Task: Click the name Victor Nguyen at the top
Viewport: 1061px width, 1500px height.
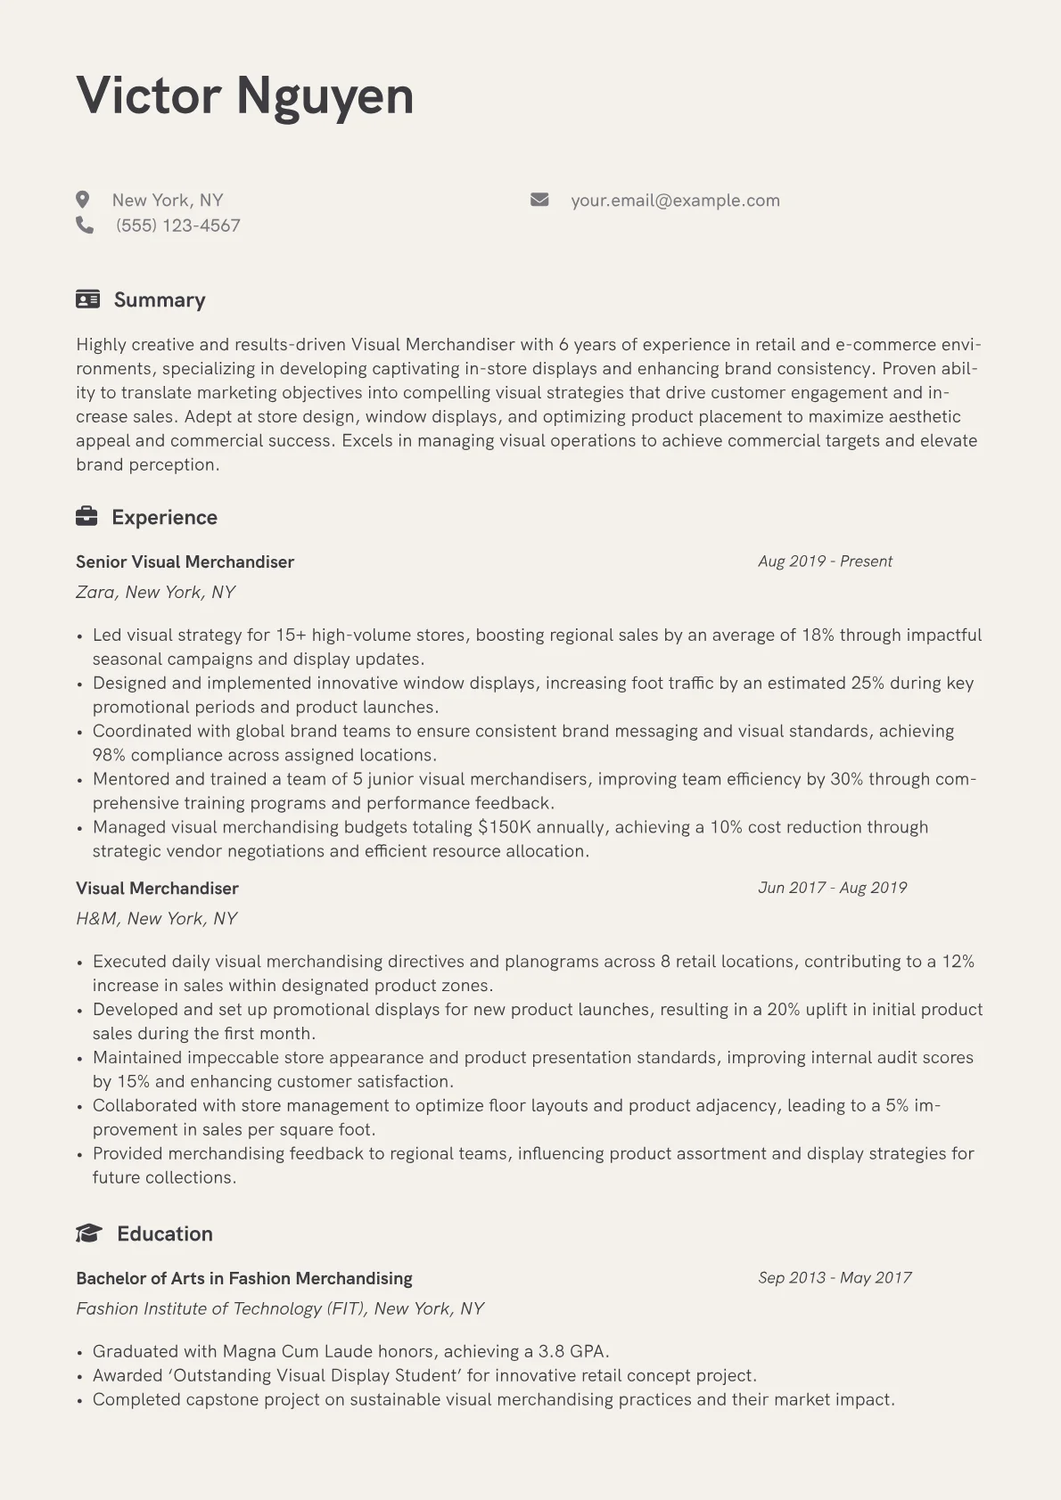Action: [245, 95]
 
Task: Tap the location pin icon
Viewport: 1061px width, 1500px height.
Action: [83, 200]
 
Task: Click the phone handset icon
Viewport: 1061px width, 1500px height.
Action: [85, 225]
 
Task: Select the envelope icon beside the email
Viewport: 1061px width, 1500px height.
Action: [539, 200]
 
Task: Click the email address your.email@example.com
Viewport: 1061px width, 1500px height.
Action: [675, 201]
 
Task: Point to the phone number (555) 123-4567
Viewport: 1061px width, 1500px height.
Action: [178, 225]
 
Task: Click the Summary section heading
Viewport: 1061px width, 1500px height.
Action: [160, 299]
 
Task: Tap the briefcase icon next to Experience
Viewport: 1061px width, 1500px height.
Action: [86, 517]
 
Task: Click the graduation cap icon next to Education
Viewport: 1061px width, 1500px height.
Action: [88, 1234]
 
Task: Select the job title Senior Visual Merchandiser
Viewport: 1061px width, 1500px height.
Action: [185, 561]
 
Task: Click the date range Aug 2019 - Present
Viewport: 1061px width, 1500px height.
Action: [825, 561]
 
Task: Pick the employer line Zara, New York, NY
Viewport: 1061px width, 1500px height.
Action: [156, 592]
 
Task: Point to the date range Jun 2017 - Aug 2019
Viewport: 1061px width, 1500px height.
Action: [832, 888]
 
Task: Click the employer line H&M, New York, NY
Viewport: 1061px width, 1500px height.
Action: [157, 918]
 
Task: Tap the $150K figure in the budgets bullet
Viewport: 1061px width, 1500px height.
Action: [505, 827]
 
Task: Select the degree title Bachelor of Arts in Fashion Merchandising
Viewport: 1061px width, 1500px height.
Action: [244, 1278]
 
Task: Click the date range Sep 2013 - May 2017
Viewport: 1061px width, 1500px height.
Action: [835, 1278]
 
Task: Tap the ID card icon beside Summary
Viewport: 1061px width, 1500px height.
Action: [87, 299]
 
